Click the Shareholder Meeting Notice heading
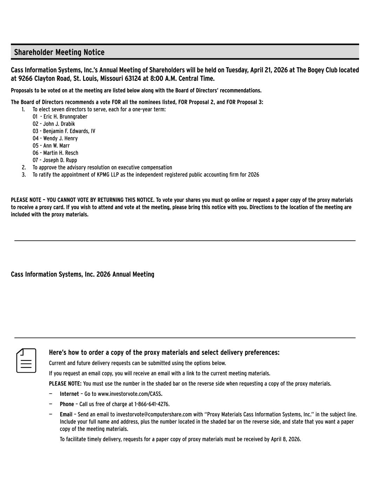tap(59, 52)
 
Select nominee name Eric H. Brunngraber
tap(65, 117)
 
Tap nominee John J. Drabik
tap(59, 124)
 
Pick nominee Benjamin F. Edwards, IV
tap(69, 131)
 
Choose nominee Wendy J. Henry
tap(60, 139)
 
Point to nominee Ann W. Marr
tap(56, 146)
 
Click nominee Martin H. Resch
tap(61, 153)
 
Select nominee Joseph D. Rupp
tap(60, 160)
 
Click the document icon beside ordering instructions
tap(26, 360)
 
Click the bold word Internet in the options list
tap(69, 394)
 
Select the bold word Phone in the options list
tap(67, 404)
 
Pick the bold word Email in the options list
tap(66, 414)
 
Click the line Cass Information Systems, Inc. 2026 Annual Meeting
tap(82, 274)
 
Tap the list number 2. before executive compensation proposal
tap(24, 168)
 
